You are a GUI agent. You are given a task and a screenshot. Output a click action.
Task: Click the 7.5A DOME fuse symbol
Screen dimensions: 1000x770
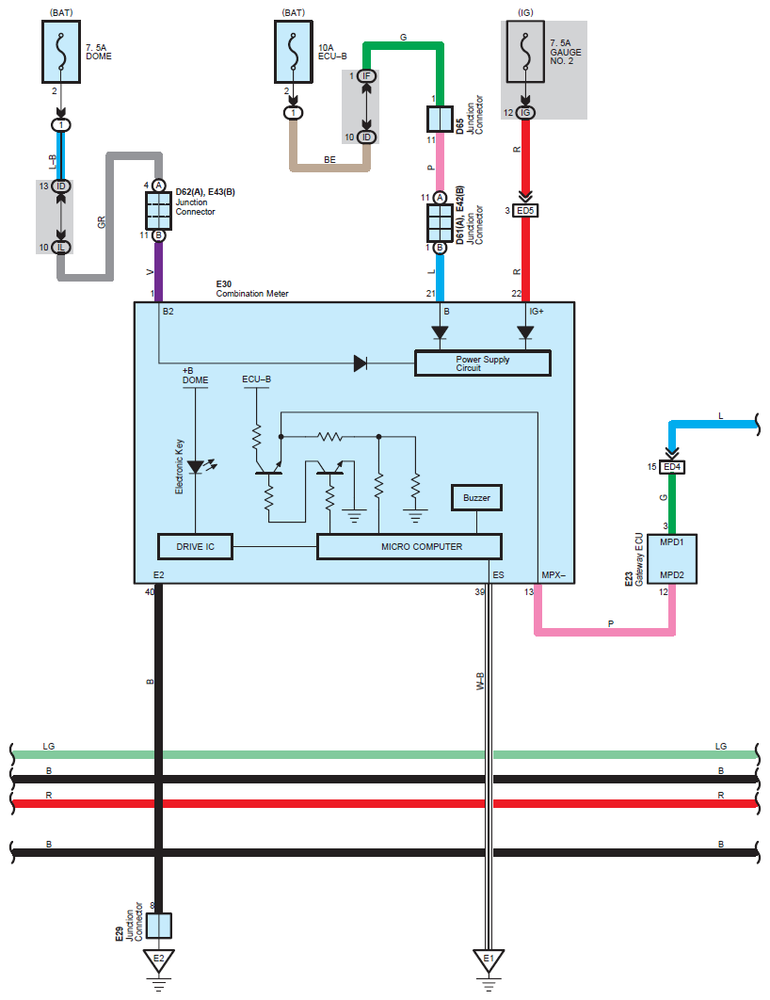pos(61,55)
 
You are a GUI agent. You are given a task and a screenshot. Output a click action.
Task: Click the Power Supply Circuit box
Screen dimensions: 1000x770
pos(482,363)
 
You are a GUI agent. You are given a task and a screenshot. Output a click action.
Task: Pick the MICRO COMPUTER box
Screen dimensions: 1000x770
pos(409,546)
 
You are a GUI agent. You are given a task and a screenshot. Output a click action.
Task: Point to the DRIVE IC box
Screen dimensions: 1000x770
pos(194,546)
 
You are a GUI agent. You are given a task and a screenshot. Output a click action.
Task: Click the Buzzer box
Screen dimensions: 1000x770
pos(476,497)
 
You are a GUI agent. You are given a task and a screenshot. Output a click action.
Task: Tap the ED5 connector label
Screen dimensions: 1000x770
pos(526,210)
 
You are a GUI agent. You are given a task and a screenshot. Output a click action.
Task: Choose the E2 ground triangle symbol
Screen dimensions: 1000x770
pos(158,960)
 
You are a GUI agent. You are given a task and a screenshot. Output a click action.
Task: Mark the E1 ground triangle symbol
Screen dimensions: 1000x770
pos(489,960)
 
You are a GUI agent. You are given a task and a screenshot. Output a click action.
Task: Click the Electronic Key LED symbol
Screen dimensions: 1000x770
pos(195,467)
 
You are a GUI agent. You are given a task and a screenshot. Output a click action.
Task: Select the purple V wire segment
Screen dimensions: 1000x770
pos(158,268)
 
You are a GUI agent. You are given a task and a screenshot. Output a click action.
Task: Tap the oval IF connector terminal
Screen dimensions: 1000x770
pos(366,75)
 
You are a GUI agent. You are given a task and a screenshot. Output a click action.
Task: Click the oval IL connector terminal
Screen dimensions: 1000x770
pos(61,247)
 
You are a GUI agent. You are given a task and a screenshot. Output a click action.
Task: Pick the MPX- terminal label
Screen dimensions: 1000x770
pos(553,574)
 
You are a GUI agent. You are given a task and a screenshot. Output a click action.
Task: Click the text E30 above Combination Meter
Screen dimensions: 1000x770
pos(224,282)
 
